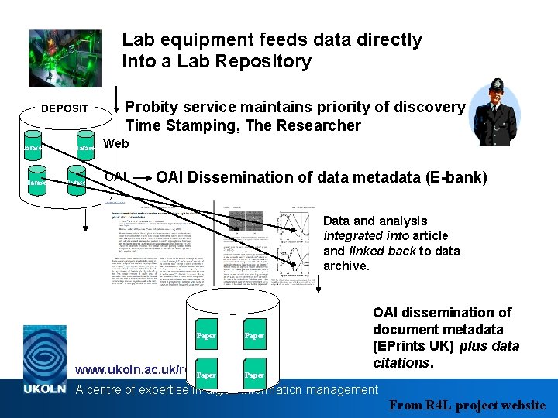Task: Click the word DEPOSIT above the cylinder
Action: coord(64,108)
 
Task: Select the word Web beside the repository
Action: coord(115,143)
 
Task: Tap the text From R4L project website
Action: coord(468,405)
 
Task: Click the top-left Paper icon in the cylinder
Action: coord(207,335)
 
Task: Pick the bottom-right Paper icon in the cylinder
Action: coord(254,375)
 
